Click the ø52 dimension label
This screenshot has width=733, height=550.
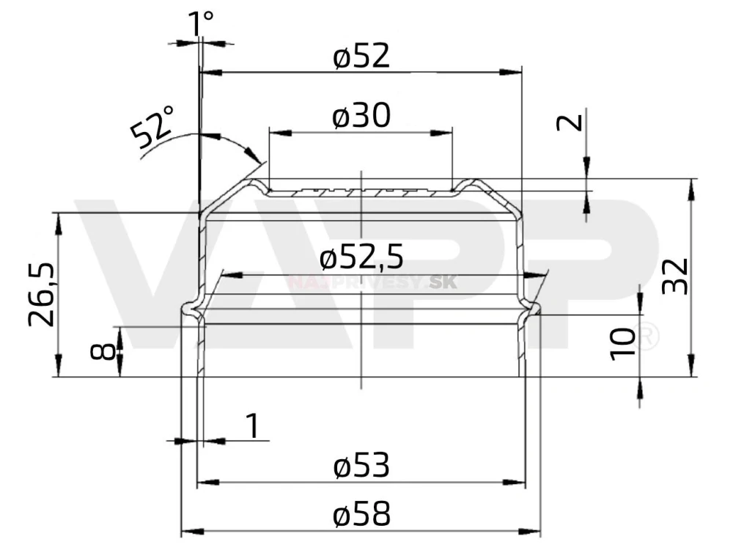point(361,56)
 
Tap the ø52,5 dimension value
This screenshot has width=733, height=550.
point(362,257)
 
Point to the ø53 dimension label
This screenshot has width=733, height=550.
point(361,466)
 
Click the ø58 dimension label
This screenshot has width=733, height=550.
point(361,516)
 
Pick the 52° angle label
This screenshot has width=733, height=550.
point(153,126)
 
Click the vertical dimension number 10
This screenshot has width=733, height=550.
point(622,344)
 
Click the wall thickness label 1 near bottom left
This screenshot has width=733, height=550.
point(252,425)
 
